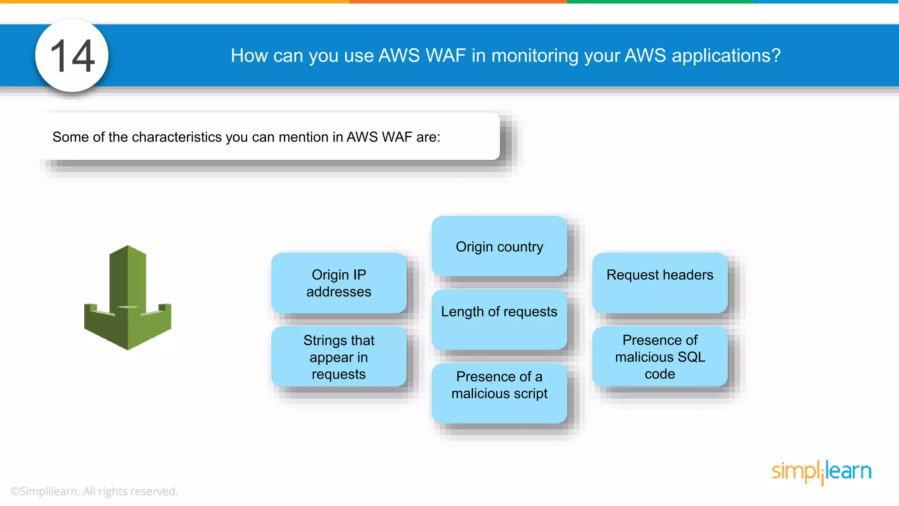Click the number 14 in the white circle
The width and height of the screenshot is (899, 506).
tap(72, 56)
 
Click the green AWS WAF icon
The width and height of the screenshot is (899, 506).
tap(127, 298)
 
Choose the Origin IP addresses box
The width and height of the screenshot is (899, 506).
tap(339, 283)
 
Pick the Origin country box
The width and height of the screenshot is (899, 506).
tap(499, 246)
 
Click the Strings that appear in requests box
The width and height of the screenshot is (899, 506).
tap(339, 357)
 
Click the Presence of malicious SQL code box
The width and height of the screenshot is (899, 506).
tap(660, 357)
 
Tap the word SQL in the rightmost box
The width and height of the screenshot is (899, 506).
tap(691, 357)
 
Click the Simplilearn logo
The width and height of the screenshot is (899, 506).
tap(821, 472)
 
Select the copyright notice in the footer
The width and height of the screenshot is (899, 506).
tap(94, 491)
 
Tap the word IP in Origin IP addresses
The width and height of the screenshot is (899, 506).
tap(359, 275)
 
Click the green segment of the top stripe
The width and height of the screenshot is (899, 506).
tap(659, 2)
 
